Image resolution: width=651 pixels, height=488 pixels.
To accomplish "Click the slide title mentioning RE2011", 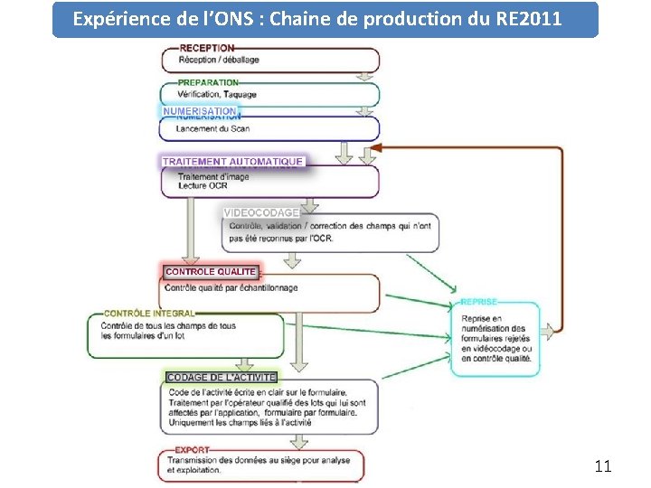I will tap(325, 19).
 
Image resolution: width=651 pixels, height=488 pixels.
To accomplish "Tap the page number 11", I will tap(603, 466).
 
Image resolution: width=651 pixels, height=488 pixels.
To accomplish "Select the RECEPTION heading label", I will tap(207, 48).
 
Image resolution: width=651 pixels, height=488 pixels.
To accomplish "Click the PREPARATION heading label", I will tap(208, 83).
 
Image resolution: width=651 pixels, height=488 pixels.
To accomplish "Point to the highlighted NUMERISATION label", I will tap(200, 111).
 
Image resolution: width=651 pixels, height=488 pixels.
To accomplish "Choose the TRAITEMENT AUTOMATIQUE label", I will tap(232, 162).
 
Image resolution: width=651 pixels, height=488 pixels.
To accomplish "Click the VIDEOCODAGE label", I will tap(261, 213).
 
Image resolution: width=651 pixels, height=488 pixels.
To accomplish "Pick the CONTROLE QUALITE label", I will tap(211, 271).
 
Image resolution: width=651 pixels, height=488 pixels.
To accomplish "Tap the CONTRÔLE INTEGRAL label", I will tap(149, 314).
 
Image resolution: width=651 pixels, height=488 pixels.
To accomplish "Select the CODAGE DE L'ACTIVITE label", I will tap(222, 377).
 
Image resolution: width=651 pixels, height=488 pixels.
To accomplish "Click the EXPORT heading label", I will tap(192, 449).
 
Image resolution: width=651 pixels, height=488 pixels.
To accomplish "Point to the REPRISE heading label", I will tap(478, 302).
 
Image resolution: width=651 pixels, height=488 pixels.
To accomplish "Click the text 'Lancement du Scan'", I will tap(212, 129).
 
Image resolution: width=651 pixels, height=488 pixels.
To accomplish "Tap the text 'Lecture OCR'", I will tap(203, 186).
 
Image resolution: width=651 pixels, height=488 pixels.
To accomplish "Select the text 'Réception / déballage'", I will tap(219, 60).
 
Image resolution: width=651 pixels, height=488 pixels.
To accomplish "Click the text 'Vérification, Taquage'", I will tap(217, 94).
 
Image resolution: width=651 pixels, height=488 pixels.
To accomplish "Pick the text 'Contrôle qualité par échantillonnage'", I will tap(231, 288).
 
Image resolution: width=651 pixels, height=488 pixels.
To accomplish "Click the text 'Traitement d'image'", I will tap(213, 176).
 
